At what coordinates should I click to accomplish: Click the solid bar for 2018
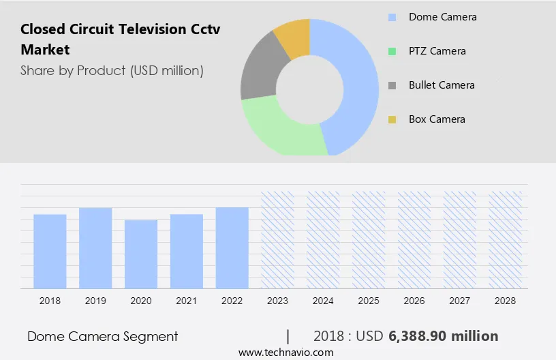[50, 251]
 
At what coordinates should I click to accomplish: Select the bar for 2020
[141, 254]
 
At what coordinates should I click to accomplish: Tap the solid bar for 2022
[232, 247]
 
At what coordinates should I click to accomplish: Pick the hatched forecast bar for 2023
[278, 239]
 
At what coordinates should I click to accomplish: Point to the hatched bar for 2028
[506, 239]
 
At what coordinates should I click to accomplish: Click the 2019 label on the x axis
[95, 301]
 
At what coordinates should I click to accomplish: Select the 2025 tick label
[369, 301]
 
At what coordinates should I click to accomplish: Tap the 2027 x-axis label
[460, 301]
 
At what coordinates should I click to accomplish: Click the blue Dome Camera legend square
[392, 17]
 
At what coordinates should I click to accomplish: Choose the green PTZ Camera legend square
[392, 51]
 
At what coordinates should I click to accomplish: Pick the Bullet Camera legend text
[442, 85]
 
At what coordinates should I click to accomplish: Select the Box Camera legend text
[437, 119]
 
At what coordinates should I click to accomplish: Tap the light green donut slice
[279, 130]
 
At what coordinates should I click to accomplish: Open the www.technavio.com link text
[285, 352]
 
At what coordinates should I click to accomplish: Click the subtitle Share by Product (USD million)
[112, 70]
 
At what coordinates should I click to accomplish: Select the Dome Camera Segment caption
[102, 336]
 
